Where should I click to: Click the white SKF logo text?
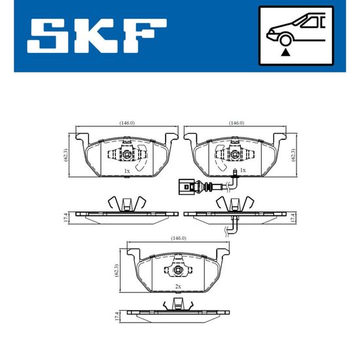click(97, 36)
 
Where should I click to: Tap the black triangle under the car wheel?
click(285, 52)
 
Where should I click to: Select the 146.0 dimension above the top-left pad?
click(127, 123)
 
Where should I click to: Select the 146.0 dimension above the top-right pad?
click(236, 123)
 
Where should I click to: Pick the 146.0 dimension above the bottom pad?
click(179, 238)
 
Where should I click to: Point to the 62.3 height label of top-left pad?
click(65, 155)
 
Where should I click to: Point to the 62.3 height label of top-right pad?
click(293, 155)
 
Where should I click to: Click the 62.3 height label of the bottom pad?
click(117, 271)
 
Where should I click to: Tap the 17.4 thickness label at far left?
click(65, 217)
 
